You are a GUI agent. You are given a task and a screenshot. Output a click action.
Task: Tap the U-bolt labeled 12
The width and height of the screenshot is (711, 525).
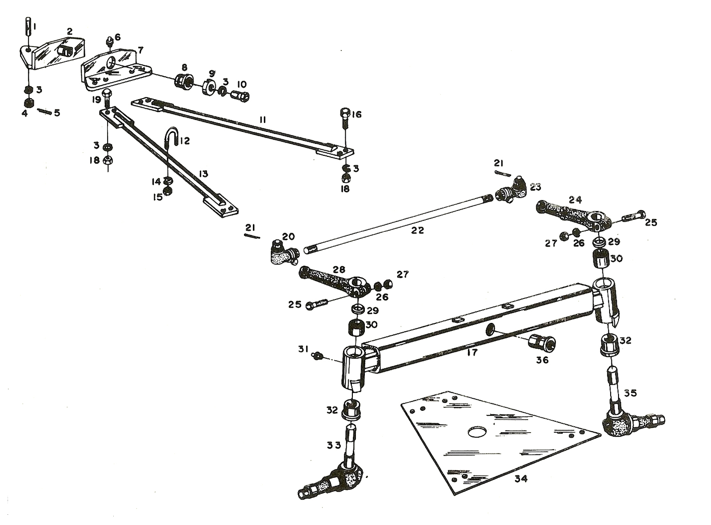[170, 138]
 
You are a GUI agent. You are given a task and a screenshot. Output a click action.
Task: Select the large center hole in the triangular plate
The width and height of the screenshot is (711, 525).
[477, 432]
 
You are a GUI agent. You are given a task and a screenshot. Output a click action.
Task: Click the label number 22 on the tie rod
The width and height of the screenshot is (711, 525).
[417, 230]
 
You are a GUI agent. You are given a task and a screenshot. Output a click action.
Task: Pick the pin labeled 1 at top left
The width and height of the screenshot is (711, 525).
[28, 28]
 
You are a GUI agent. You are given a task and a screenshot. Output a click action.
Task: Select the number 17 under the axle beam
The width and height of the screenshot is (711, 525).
[472, 353]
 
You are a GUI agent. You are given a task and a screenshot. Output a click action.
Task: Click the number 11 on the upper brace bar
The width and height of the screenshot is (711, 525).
[263, 119]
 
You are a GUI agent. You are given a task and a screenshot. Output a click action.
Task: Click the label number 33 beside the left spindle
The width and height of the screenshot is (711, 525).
[333, 445]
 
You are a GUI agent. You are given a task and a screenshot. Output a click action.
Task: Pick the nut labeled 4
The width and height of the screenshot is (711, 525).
[29, 103]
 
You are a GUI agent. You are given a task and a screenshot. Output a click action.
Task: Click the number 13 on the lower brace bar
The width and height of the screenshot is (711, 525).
[203, 174]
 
